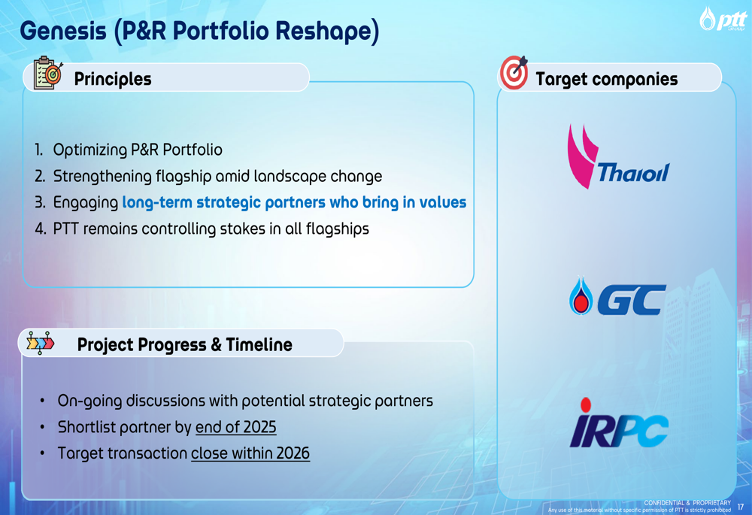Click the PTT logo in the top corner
pos(723,19)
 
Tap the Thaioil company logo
pos(618,157)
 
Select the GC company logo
pos(617,297)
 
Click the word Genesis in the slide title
pos(63,31)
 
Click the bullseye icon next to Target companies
pos(514,72)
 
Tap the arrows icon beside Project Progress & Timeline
pos(41,343)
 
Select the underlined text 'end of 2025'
pos(236,427)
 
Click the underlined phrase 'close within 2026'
pos(250,453)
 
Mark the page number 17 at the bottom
pos(741,507)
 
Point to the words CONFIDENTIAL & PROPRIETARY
pos(687,502)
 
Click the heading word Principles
pos(113,79)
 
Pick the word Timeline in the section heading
pos(259,344)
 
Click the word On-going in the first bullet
pos(89,401)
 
